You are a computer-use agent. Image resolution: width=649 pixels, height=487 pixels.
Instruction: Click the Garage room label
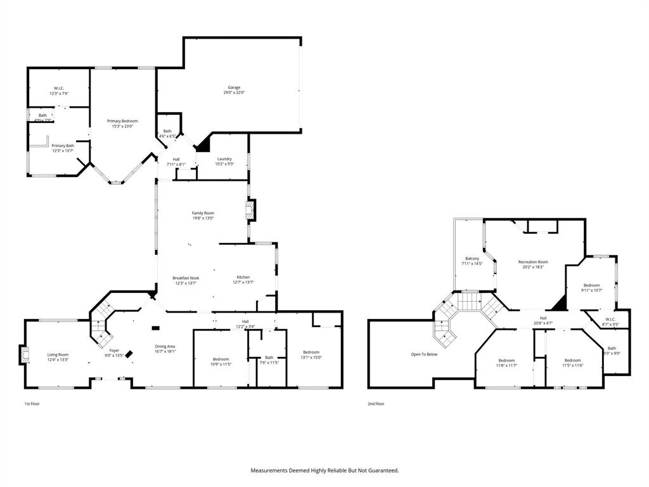235,88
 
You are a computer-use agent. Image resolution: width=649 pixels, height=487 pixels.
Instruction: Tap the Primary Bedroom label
122,121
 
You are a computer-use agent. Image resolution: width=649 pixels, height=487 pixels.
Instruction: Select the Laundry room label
224,159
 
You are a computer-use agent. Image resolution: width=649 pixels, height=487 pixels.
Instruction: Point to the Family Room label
203,213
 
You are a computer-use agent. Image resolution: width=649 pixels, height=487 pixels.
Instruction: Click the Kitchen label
243,277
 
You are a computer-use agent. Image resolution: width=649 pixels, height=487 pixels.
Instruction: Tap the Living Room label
58,354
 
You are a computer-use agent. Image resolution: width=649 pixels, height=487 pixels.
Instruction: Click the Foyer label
114,350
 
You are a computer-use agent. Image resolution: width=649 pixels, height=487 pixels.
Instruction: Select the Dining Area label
165,346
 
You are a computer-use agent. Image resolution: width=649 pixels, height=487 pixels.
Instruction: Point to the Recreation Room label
533,262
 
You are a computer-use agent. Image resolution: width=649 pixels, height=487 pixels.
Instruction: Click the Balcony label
472,258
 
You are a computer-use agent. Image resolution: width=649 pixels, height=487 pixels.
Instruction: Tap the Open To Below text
424,354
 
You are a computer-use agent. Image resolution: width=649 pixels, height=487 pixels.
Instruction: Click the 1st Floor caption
32,403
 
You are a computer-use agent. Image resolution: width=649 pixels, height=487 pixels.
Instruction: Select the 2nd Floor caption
376,403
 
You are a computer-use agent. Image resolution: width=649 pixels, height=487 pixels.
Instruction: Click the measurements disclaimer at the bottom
324,471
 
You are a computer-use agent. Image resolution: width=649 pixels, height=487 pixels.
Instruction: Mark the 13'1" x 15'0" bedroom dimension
311,357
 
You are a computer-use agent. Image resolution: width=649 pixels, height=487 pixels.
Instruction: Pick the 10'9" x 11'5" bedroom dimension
221,364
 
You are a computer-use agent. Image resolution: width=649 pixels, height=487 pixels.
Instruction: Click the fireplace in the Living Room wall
23,354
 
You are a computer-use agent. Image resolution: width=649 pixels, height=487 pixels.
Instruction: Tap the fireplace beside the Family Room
251,210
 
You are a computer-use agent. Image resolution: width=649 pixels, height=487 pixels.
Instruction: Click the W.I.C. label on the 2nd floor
610,319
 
